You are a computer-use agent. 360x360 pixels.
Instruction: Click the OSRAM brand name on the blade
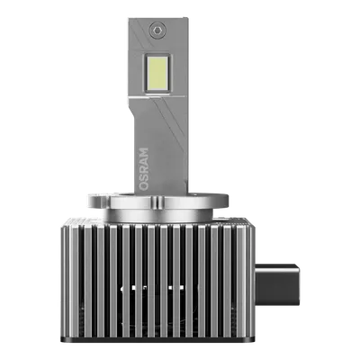[144, 169]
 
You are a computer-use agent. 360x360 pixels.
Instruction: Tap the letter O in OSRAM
[144, 186]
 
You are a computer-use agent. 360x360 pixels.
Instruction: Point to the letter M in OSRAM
[144, 152]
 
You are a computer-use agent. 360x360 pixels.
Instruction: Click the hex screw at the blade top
[157, 30]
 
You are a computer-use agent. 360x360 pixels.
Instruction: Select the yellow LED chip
[157, 73]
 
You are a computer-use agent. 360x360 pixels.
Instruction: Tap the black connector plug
[277, 284]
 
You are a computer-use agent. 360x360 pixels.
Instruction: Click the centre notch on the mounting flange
[157, 202]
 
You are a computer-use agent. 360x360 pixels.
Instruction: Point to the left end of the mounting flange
[88, 202]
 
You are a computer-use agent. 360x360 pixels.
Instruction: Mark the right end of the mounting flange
[228, 201]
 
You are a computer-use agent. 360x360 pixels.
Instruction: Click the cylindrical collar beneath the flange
[158, 215]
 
